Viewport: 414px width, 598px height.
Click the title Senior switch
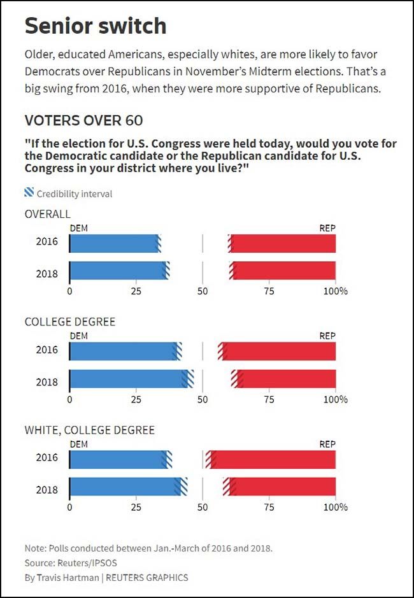pos(96,26)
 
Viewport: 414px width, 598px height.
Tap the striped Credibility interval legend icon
pos(29,193)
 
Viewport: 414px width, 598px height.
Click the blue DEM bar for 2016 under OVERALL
pos(113,243)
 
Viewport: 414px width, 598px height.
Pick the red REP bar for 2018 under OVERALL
pos(283,271)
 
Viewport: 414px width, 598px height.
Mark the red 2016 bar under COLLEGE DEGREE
pos(279,352)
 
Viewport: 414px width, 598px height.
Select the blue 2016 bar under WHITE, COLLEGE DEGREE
pos(118,459)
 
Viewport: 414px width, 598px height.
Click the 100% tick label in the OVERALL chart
pos(335,291)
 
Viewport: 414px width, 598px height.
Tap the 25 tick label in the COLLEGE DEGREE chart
pos(136,399)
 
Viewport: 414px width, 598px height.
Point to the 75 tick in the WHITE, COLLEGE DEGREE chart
pos(269,508)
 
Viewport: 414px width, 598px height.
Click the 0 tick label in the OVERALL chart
pos(69,291)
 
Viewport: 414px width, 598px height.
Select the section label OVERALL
pos(48,214)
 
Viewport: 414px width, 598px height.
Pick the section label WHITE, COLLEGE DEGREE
pos(89,430)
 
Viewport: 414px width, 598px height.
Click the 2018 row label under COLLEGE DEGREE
pos(47,382)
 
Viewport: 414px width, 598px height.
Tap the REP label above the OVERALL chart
pos(327,228)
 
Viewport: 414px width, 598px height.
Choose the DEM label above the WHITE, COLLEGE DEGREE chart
pos(78,445)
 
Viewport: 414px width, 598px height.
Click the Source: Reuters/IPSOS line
pos(71,563)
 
